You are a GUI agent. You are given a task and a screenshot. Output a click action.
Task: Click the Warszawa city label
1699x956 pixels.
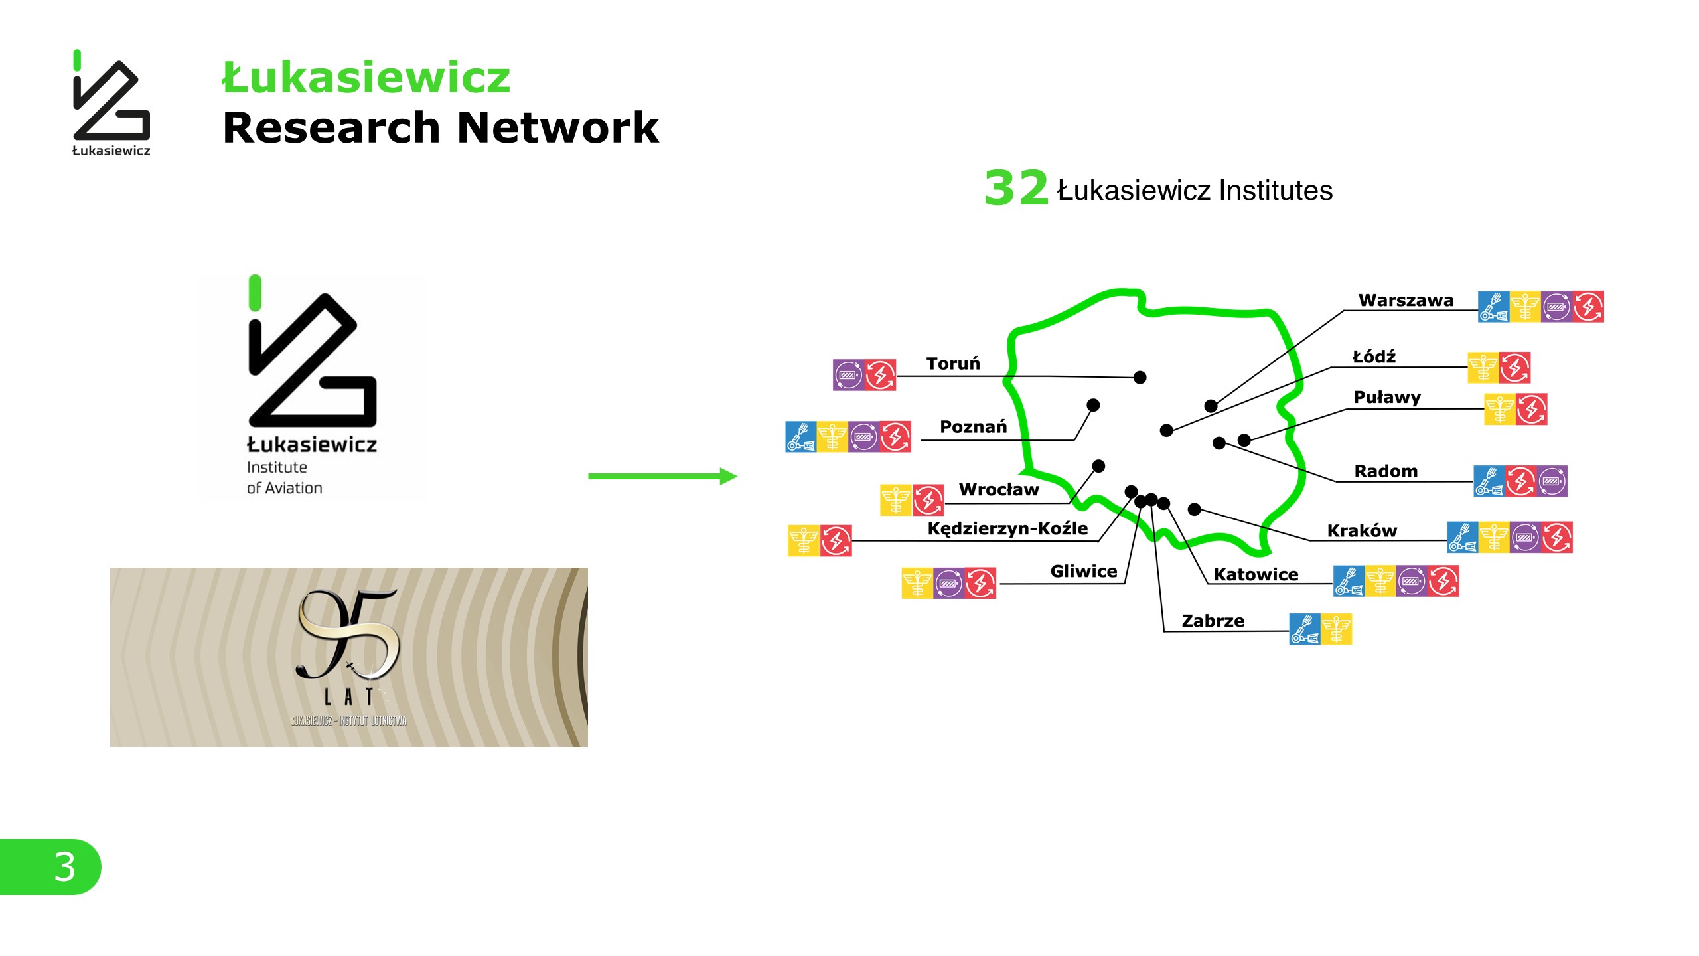tap(1405, 301)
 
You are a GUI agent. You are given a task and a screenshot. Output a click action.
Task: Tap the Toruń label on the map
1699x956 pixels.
tap(953, 364)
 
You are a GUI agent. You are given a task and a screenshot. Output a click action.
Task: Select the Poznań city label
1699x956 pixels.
tap(973, 427)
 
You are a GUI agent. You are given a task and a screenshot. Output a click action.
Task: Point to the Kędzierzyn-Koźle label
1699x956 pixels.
tap(1007, 529)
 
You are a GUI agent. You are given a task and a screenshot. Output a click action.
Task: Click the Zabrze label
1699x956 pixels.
tap(1213, 621)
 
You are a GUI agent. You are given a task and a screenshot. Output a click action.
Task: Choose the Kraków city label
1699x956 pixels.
tap(1362, 531)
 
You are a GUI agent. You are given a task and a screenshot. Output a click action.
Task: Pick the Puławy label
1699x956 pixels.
tap(1387, 398)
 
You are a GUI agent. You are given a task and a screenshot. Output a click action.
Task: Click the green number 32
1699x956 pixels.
tap(1015, 188)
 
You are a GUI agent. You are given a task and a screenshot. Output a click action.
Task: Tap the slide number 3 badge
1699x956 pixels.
tap(64, 866)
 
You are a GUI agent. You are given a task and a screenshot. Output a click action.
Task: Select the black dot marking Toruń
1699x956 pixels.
tap(1140, 378)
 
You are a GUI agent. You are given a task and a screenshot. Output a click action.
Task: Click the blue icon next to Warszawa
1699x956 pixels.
tap(1493, 307)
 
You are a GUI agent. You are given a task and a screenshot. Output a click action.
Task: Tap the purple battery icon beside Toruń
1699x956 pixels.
tap(848, 375)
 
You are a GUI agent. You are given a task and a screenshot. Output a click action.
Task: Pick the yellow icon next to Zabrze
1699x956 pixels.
tap(1336, 629)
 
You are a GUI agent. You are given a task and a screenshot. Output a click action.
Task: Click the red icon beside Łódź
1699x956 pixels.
tap(1514, 368)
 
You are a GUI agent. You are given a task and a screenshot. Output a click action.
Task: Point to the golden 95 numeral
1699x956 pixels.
tap(348, 634)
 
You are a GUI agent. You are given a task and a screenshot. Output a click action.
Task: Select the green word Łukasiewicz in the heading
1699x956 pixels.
tap(366, 78)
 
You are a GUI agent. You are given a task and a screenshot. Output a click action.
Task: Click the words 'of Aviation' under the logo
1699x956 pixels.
tap(285, 489)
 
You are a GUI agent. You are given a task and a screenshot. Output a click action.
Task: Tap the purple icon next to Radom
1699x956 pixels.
tap(1552, 481)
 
